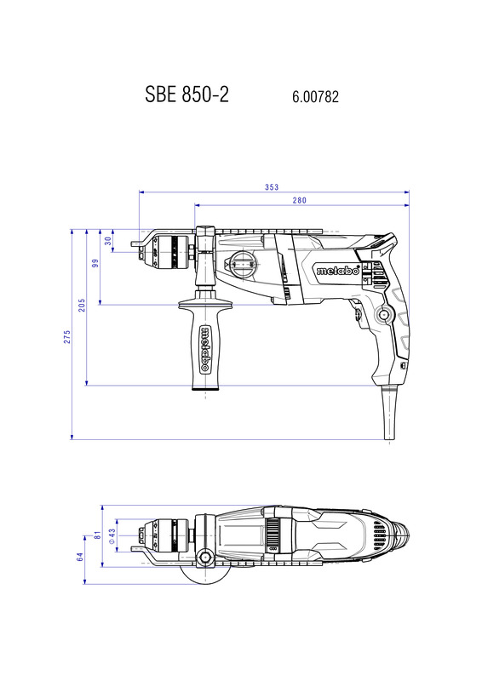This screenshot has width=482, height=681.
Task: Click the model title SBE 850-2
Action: pos(186,94)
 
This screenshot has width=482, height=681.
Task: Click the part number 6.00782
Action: pos(316,96)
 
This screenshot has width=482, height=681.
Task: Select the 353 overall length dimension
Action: pos(272,187)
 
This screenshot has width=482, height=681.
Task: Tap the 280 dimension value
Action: pos(300,200)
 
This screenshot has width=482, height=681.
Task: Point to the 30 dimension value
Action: pos(108,241)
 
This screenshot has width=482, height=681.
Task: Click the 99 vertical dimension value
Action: pos(95,263)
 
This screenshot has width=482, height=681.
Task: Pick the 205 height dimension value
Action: pos(82,305)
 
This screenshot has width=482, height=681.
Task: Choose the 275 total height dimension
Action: pos(67,337)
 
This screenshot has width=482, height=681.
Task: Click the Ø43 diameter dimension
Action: pos(112,536)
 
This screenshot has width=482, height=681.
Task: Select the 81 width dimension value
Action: pos(98,535)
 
